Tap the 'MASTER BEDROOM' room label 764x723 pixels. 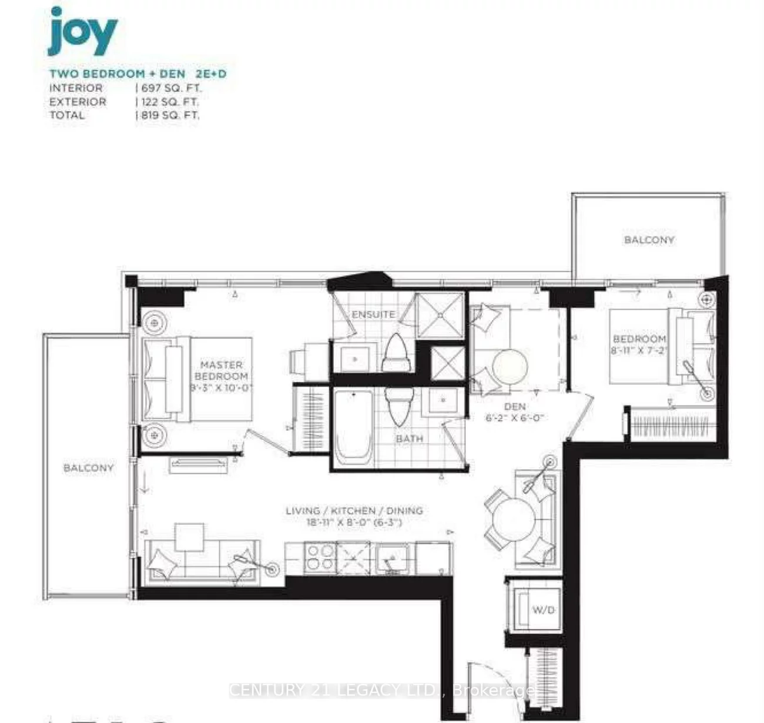click(221, 370)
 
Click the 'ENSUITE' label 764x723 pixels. click(373, 314)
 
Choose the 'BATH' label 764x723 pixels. click(409, 439)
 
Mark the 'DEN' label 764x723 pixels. click(515, 406)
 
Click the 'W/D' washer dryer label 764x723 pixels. click(543, 610)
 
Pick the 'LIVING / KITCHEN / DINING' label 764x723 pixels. click(354, 511)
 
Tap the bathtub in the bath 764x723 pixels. click(353, 427)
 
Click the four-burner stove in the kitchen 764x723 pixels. click(319, 558)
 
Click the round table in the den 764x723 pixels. click(510, 367)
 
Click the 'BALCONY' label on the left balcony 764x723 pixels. click(88, 468)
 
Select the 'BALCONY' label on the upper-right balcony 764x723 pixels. click(649, 240)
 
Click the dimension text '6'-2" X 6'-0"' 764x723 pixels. click(515, 418)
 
